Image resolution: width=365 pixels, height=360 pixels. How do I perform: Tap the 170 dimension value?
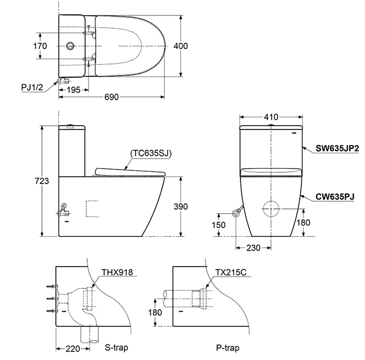coord(40,46)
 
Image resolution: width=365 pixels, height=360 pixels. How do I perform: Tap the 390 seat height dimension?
coord(181,206)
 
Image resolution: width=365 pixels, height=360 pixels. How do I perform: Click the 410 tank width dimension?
coord(271,117)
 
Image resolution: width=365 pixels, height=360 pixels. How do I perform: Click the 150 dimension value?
coord(220,224)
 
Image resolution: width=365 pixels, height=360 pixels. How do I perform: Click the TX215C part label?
coord(232,272)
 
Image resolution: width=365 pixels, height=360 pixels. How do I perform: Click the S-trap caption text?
coord(116,348)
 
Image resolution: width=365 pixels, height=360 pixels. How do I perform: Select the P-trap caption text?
coord(227,348)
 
